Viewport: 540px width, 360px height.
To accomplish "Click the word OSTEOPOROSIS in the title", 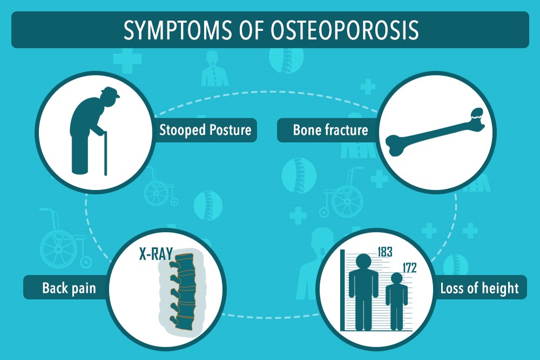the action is click(345, 30).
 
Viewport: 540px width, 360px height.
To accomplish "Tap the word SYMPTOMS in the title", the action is click(178, 30).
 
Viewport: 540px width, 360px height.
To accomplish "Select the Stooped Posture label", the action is click(205, 130).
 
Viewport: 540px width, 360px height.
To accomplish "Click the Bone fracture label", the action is click(330, 130).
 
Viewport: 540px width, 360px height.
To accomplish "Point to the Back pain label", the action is click(69, 288).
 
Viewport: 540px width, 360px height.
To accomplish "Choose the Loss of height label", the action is click(480, 288).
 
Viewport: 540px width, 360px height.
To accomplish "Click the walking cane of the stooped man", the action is click(105, 153).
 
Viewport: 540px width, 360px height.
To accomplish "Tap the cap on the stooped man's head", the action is click(110, 92).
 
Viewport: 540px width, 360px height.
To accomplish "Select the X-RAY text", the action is click(156, 254).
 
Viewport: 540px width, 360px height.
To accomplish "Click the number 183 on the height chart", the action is click(385, 252).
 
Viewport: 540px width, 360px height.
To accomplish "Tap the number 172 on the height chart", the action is click(409, 267).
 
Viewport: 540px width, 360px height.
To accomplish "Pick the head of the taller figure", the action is click(363, 262).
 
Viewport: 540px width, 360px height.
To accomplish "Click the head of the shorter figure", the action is click(397, 279).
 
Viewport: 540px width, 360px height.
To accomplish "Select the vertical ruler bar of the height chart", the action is click(342, 290).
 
